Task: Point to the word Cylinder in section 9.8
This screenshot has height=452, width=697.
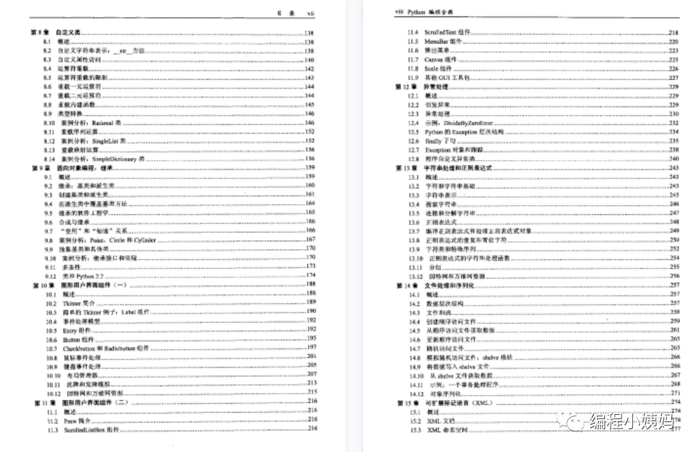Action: [143, 240]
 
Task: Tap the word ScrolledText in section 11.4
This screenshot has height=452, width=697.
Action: [441, 34]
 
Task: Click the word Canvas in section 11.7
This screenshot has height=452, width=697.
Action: [435, 60]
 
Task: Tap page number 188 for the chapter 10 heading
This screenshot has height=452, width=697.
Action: [311, 284]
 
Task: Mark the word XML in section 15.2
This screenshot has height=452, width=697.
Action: [433, 422]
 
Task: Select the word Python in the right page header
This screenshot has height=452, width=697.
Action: [416, 13]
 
